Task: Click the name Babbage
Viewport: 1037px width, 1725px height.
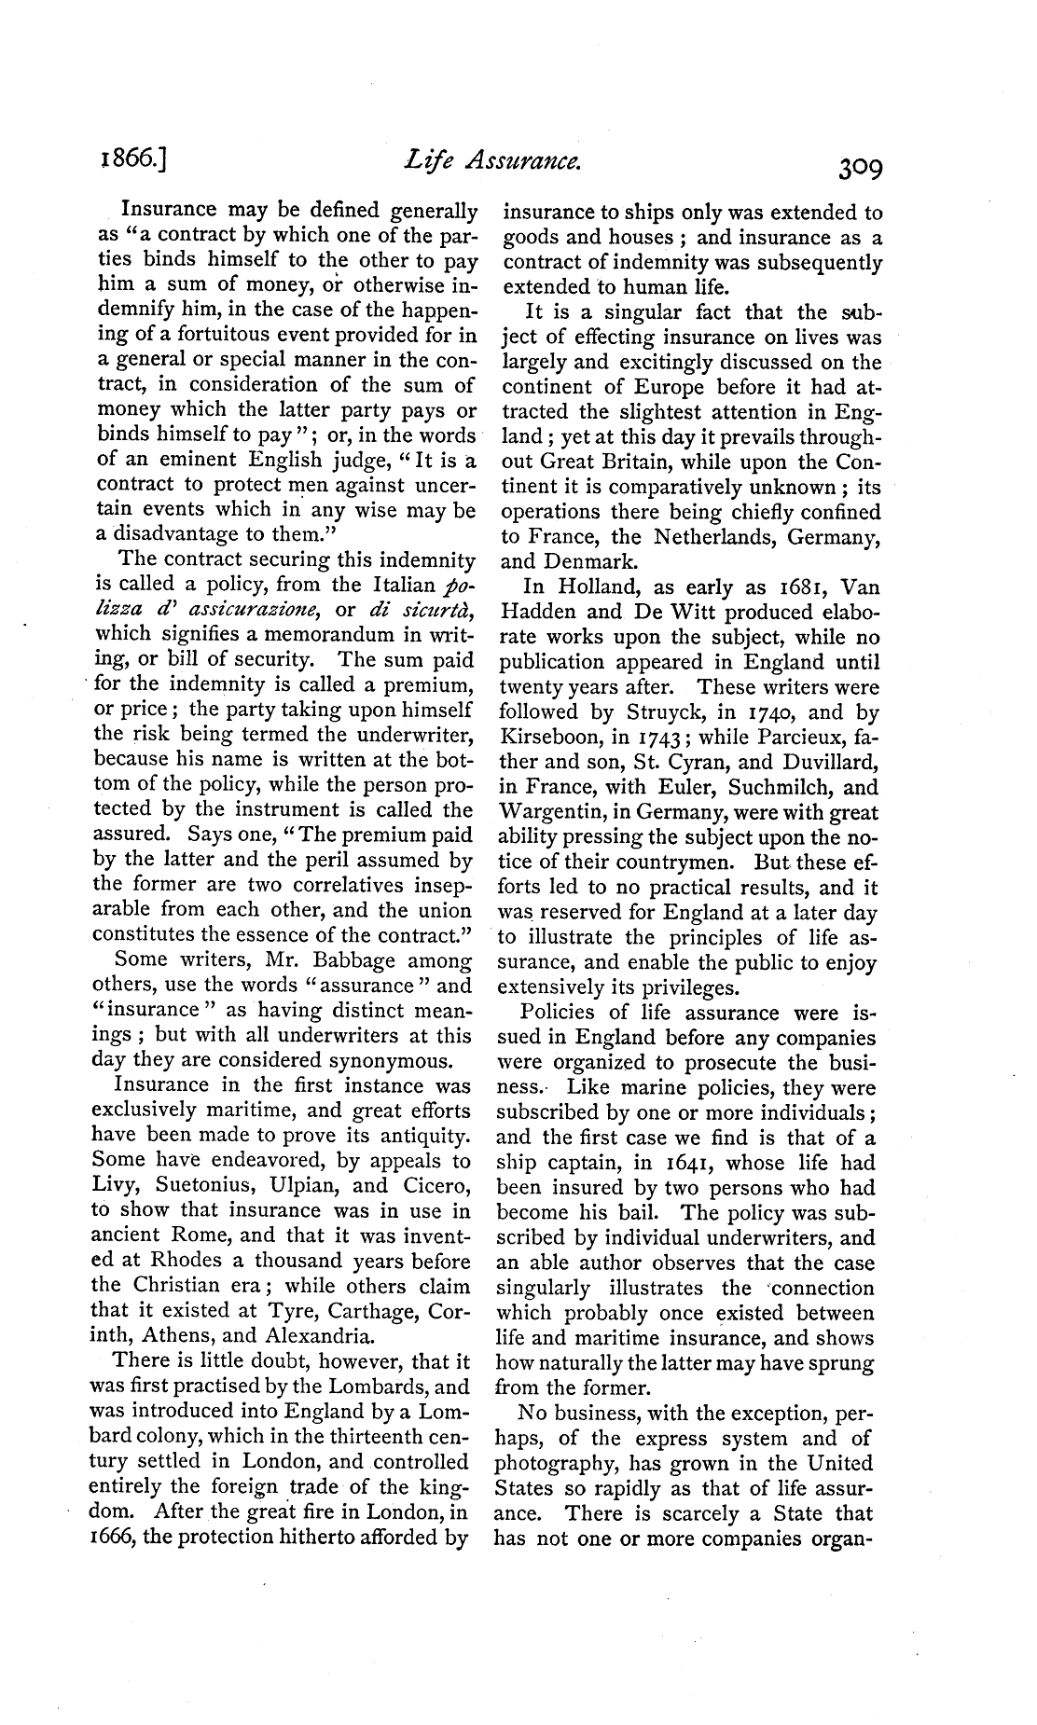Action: [x=331, y=960]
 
